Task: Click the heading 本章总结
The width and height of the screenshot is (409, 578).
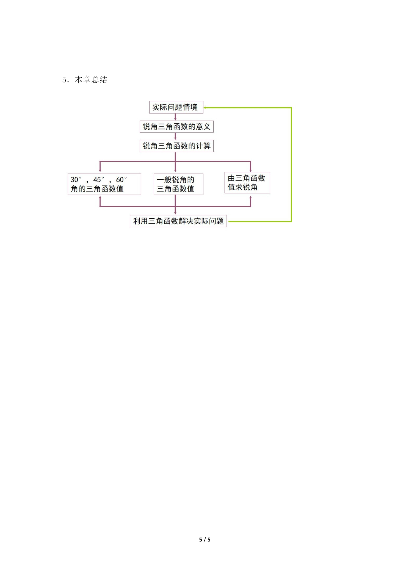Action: point(91,80)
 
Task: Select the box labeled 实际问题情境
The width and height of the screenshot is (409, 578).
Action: point(176,107)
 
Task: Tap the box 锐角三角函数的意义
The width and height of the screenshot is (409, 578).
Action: point(176,127)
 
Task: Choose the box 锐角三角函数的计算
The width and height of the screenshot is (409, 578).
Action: point(176,146)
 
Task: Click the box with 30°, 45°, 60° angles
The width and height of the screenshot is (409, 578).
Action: point(104,184)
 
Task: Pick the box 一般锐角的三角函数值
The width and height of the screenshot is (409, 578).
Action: point(178,184)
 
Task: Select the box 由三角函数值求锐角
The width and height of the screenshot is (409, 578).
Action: point(247,183)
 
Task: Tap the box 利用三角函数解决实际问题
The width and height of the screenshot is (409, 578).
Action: point(178,221)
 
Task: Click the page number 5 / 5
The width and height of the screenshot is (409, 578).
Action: point(205,540)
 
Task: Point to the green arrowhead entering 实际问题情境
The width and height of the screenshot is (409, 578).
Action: point(205,108)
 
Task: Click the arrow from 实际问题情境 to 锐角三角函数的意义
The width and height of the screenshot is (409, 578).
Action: point(175,117)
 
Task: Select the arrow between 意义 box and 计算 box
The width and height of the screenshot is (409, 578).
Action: point(175,136)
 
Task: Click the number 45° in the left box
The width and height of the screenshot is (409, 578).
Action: point(99,180)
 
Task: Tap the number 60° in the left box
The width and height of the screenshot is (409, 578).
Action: point(121,180)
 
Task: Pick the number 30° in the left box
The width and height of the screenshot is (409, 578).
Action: point(76,180)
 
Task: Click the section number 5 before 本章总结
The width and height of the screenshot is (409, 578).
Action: point(64,80)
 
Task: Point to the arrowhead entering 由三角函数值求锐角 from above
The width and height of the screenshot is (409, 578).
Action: point(250,170)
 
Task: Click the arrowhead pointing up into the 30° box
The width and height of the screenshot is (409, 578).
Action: point(100,197)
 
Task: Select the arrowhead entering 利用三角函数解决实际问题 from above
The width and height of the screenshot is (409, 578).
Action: point(175,213)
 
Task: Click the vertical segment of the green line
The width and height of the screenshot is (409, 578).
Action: point(291,165)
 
